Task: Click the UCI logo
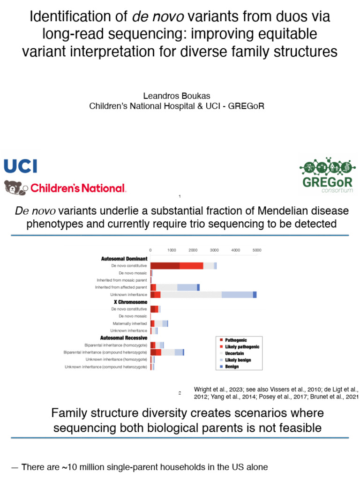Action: click(20, 166)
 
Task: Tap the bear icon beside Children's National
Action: click(15, 187)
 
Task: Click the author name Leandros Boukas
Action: click(176, 96)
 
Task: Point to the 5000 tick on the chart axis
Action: click(256, 250)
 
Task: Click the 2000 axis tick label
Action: click(193, 250)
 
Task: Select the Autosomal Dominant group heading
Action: click(124, 258)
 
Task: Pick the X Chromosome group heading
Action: click(130, 302)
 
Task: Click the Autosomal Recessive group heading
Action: click(124, 337)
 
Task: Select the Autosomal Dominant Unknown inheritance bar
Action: click(203, 294)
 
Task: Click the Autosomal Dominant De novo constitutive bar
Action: click(183, 266)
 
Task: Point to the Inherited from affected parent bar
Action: click(174, 287)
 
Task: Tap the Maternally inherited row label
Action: click(129, 323)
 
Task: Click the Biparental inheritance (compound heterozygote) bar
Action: click(167, 352)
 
